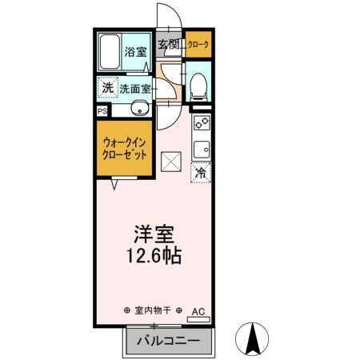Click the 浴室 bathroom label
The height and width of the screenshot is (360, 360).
(135, 53)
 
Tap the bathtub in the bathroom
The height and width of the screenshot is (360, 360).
(110, 54)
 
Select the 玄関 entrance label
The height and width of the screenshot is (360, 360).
(167, 45)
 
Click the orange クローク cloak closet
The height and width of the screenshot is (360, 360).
(199, 46)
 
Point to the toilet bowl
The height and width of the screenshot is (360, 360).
(199, 85)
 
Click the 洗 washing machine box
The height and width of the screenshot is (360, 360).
(107, 87)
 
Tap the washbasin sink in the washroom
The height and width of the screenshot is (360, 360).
(139, 110)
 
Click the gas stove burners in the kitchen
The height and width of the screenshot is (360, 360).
(201, 125)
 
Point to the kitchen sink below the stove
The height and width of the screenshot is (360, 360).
(201, 149)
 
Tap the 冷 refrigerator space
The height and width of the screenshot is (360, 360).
(201, 171)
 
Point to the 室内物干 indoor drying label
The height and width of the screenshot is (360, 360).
(153, 310)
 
